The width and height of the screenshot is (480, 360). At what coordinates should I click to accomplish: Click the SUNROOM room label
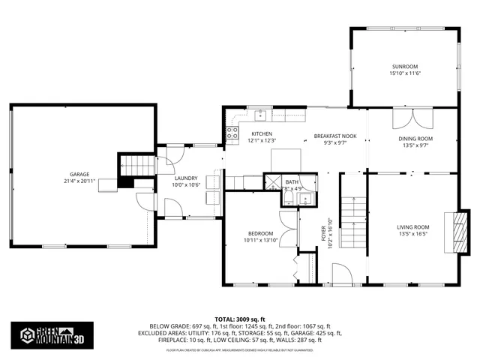click(403, 67)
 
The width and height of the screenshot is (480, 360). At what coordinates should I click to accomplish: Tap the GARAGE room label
click(79, 174)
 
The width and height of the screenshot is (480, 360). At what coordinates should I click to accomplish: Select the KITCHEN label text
click(262, 134)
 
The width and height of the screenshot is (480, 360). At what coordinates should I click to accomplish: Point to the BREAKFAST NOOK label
click(334, 136)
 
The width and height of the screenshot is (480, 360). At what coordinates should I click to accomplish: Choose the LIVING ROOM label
click(412, 226)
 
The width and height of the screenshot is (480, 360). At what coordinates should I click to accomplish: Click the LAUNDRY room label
click(185, 178)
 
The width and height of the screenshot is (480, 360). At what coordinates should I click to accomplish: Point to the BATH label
click(292, 182)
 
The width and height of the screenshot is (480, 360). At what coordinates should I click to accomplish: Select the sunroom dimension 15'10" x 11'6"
click(403, 73)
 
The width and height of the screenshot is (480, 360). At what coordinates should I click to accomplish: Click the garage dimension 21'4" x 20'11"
click(79, 181)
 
